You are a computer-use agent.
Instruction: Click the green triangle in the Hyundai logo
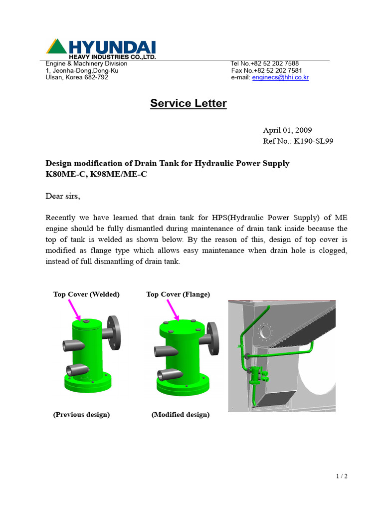pos(56,47)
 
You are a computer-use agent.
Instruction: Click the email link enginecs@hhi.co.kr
pos(280,78)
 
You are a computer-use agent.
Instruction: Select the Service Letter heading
pos(189,103)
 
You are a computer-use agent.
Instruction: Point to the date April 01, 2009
pos(287,130)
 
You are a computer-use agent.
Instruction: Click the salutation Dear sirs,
pos(63,196)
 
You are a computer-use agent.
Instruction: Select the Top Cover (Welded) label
pos(86,294)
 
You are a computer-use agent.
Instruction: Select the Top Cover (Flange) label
pos(178,294)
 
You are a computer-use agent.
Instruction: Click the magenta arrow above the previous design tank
pos(74,309)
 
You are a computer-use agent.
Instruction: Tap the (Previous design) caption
pos(81,415)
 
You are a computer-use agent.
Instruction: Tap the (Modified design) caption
pos(181,415)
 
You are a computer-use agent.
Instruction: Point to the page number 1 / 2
pos(341,476)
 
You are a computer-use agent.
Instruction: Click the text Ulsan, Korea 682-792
pos(77,78)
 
